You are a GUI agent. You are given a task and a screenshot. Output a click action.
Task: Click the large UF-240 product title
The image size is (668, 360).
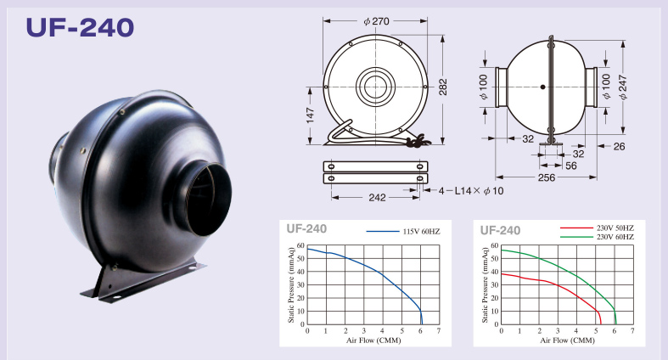pos(80,28)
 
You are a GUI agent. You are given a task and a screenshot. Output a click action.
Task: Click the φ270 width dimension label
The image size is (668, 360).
pos(376,21)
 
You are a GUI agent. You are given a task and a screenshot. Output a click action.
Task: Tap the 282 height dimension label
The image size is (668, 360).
pos(443,87)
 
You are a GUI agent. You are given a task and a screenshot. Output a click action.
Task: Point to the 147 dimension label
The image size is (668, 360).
pos(310,115)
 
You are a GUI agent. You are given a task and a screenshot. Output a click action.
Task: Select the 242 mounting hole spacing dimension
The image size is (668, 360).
pos(377,197)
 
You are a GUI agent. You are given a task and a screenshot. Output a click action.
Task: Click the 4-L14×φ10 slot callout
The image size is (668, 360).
pos(471,191)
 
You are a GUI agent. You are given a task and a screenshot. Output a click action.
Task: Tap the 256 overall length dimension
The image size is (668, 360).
pos(546,177)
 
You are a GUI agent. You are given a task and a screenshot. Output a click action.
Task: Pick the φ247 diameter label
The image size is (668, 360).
pos(623,87)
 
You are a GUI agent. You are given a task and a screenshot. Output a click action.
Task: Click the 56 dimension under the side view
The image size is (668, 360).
pos(571,166)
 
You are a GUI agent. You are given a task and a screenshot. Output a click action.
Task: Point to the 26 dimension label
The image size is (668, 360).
pos(619,147)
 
